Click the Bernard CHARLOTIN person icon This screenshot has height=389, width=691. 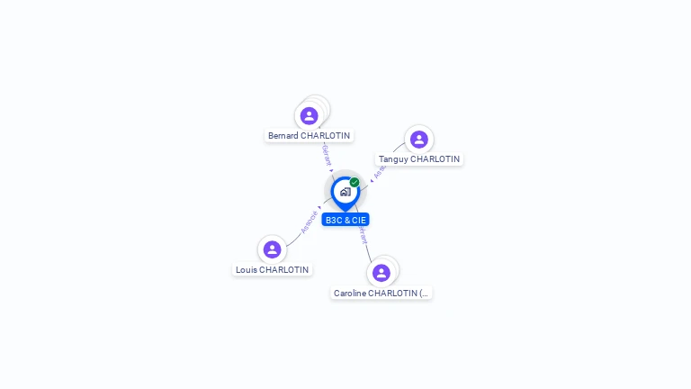tap(309, 116)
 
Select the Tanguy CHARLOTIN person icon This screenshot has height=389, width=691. tap(418, 140)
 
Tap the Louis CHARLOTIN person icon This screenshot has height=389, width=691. tap(272, 249)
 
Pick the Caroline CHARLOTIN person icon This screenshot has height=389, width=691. tap(381, 273)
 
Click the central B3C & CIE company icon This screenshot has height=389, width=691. tap(345, 192)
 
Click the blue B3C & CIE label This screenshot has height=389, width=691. tap(345, 220)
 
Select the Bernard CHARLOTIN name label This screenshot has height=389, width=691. tap(309, 136)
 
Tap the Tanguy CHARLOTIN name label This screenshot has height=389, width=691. tap(418, 159)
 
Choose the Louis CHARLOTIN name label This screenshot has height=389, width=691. tap(272, 269)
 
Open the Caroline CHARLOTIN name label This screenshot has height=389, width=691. tap(381, 293)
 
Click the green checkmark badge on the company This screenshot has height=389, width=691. tap(354, 182)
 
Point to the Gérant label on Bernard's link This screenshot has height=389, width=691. tap(327, 155)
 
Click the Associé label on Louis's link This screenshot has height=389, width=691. tap(309, 222)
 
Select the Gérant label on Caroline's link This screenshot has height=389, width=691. tap(363, 234)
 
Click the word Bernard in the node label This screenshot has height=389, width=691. tap(283, 136)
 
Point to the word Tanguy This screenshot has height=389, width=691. tap(393, 159)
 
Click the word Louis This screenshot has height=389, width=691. tap(246, 269)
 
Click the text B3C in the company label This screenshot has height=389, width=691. tap(334, 220)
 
